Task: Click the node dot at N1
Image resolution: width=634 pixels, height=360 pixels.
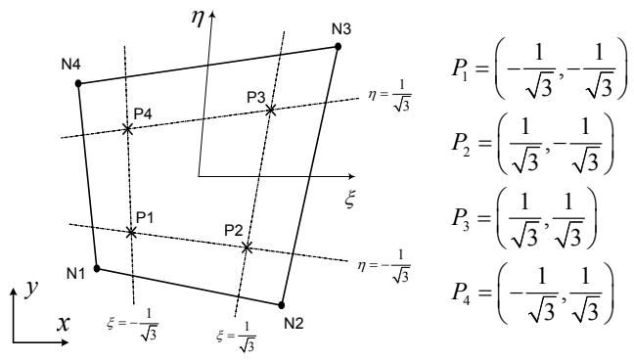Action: pyautogui.click(x=97, y=268)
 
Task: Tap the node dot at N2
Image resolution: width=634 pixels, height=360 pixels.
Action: pyautogui.click(x=282, y=305)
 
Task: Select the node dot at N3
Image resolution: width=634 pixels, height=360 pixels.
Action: pyautogui.click(x=338, y=47)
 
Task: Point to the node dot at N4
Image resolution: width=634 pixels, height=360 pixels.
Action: pyautogui.click(x=78, y=84)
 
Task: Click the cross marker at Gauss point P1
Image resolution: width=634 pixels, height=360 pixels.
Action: pyautogui.click(x=131, y=232)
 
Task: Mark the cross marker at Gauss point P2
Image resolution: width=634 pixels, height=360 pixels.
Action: pyautogui.click(x=247, y=247)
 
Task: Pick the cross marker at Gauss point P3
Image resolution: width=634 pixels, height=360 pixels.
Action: pyautogui.click(x=270, y=110)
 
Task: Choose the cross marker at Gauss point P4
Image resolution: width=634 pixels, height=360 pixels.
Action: pyautogui.click(x=127, y=129)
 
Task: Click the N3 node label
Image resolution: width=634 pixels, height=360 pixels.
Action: pyautogui.click(x=341, y=29)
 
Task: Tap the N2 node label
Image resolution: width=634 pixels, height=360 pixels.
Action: pyautogui.click(x=294, y=323)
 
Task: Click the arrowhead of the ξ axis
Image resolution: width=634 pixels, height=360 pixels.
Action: pyautogui.click(x=351, y=176)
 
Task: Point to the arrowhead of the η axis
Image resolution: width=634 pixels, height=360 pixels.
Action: pyautogui.click(x=212, y=14)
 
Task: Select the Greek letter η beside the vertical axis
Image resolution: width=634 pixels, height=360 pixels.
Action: pyautogui.click(x=197, y=19)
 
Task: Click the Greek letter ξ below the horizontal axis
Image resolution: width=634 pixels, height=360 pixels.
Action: pyautogui.click(x=350, y=199)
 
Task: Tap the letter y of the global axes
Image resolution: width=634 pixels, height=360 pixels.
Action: pyautogui.click(x=30, y=289)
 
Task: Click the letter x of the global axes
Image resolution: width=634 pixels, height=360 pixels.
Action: pyautogui.click(x=63, y=324)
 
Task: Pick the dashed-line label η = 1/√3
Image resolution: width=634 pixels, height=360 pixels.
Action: pyautogui.click(x=389, y=96)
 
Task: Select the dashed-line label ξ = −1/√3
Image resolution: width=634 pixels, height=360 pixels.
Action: pyautogui.click(x=133, y=325)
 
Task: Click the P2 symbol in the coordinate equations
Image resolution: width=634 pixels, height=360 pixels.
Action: pyautogui.click(x=461, y=144)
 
